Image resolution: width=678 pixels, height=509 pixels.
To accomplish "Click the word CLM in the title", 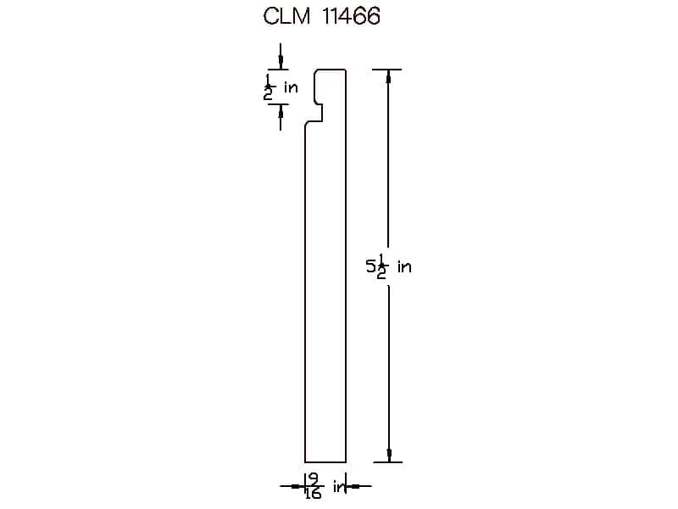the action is (x=286, y=16).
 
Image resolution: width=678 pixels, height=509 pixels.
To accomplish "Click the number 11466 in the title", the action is (x=351, y=16).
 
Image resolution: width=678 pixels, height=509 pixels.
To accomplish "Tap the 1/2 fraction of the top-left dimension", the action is (x=269, y=87).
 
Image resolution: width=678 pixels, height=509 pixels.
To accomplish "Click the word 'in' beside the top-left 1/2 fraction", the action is (x=291, y=87).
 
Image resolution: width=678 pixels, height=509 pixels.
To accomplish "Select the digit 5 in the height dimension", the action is (x=371, y=266).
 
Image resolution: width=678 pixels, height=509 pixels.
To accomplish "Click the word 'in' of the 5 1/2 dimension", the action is (x=405, y=266).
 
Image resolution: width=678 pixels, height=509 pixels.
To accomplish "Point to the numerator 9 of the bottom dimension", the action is (x=314, y=478).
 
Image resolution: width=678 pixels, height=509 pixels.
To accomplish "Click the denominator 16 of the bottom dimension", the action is (x=313, y=494).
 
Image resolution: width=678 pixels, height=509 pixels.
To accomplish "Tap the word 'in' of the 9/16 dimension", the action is (x=340, y=487).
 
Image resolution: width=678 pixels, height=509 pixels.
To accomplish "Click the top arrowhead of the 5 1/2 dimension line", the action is (x=388, y=76).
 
